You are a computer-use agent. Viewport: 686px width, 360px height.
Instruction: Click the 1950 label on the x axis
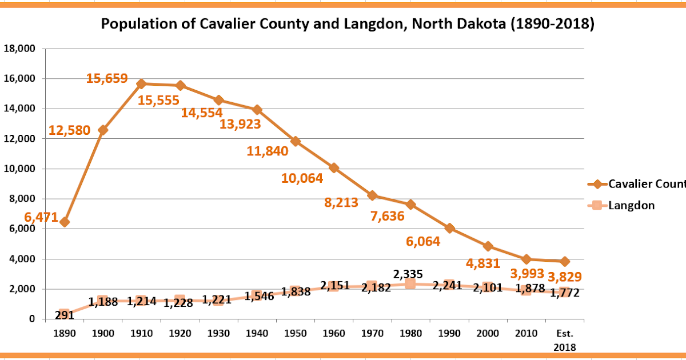(x=295, y=333)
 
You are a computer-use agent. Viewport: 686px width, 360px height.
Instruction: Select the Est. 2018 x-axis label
(x=565, y=339)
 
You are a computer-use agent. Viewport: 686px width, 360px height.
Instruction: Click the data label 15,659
(x=106, y=79)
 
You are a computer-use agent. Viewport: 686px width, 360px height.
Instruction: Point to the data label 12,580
(x=69, y=130)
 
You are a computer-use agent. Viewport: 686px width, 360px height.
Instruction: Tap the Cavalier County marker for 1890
(x=65, y=222)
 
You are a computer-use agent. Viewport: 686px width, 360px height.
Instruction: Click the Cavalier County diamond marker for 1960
(x=334, y=168)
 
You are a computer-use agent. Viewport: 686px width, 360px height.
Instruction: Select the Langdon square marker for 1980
(x=410, y=284)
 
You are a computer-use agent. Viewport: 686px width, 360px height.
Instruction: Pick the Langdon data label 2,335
(x=410, y=274)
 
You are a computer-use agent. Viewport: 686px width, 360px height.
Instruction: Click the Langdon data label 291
(x=63, y=315)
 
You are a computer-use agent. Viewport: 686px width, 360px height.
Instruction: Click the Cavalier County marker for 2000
(x=488, y=246)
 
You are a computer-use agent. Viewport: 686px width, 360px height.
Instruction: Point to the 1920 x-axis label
(x=180, y=333)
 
